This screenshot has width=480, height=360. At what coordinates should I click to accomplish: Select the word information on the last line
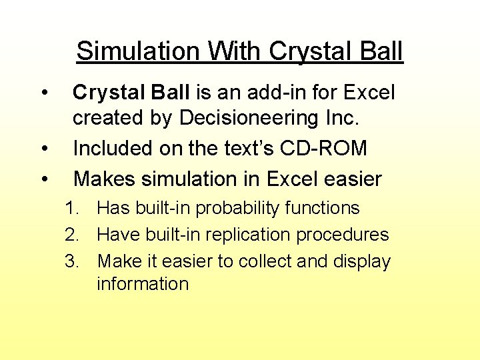click(x=143, y=284)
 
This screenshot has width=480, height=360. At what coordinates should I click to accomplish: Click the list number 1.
click(x=71, y=208)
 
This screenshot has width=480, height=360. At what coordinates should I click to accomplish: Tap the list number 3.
click(x=71, y=261)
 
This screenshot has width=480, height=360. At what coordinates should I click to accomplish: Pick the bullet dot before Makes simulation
click(x=43, y=179)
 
